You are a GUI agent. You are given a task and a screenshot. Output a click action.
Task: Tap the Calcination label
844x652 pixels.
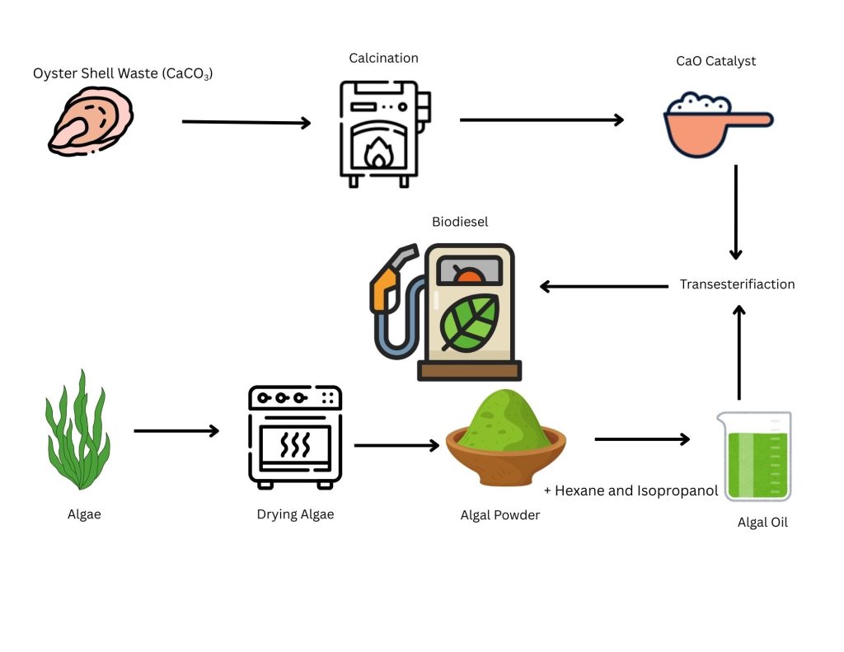pyautogui.click(x=383, y=58)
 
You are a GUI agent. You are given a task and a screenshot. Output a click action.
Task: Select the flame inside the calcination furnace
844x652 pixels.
pyautogui.click(x=378, y=153)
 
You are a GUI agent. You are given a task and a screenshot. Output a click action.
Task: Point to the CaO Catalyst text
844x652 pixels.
pyautogui.click(x=715, y=61)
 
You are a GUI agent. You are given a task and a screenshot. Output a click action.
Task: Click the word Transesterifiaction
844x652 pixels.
pyautogui.click(x=737, y=284)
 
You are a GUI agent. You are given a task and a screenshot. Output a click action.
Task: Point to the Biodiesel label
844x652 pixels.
pyautogui.click(x=459, y=222)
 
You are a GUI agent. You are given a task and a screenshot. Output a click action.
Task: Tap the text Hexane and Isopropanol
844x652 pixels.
pyautogui.click(x=631, y=490)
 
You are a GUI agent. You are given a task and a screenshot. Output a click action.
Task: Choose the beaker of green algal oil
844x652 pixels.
pyautogui.click(x=753, y=456)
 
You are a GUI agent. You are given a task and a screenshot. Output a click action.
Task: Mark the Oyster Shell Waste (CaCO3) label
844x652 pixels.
pyautogui.click(x=123, y=74)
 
